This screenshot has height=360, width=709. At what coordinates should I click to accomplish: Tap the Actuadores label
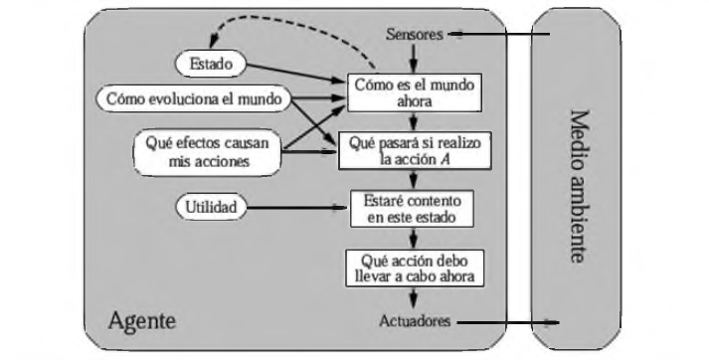pos(417,321)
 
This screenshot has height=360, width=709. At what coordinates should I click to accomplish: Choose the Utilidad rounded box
pos(212,208)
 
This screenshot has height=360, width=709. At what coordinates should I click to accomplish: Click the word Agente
pos(141,321)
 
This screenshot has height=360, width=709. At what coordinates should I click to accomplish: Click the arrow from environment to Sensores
pos(497,35)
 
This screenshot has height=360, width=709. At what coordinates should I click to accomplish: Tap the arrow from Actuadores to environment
pos(507,321)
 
